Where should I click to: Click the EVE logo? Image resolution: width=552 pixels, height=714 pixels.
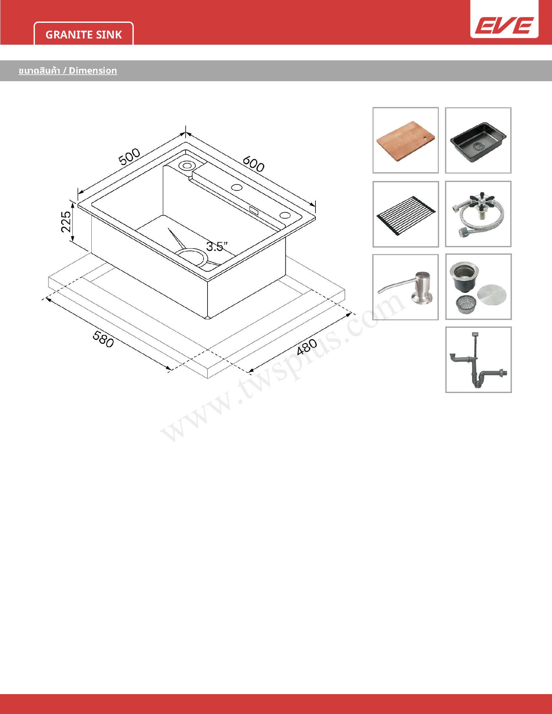[504, 25]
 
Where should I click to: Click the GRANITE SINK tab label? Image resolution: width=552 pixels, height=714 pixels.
[84, 35]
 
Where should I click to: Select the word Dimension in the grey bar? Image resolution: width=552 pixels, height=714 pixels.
[93, 70]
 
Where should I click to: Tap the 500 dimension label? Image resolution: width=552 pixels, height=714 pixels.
[129, 157]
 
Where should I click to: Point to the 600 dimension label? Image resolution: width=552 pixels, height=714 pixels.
[253, 164]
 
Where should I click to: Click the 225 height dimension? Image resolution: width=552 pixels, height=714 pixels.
[66, 222]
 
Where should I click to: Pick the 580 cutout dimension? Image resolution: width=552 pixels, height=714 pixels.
[103, 339]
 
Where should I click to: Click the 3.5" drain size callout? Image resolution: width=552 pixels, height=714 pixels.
[217, 246]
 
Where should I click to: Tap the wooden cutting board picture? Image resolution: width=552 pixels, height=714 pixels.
[406, 140]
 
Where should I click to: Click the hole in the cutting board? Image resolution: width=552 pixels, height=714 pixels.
[425, 138]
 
